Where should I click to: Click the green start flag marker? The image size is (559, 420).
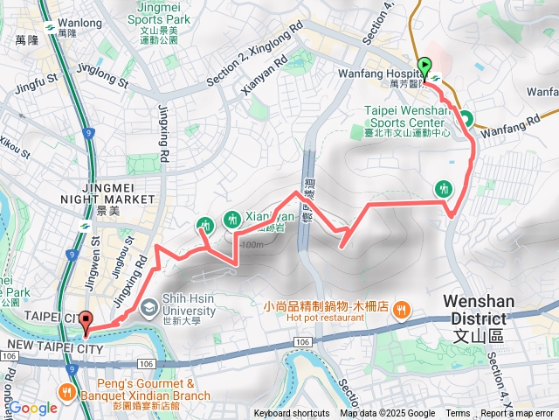click(424, 66)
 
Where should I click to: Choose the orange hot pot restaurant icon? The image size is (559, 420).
click(401, 308)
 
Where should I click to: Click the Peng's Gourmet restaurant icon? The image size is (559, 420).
click(66, 391)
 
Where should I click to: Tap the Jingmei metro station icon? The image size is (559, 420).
click(86, 226)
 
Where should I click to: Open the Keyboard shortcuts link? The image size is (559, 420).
click(293, 414)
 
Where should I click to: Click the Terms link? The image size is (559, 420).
click(458, 414)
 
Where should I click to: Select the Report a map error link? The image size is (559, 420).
click(517, 414)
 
